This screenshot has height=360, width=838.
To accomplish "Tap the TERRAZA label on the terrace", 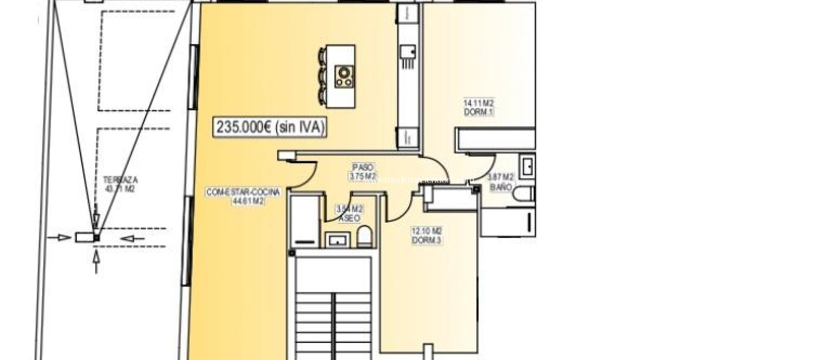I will (120, 180).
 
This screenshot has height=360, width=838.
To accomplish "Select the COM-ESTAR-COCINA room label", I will (243, 192).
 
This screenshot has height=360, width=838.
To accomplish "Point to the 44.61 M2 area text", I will (243, 201).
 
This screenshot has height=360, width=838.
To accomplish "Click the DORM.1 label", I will (478, 112).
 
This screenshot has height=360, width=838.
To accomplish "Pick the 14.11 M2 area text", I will (478, 103).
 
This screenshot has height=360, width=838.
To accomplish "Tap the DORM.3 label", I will (426, 240).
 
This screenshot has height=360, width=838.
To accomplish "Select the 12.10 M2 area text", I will (426, 231).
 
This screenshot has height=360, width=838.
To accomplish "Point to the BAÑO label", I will (501, 187).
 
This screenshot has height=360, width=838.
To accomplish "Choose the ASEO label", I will (349, 218).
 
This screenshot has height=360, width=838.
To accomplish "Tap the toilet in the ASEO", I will (364, 238).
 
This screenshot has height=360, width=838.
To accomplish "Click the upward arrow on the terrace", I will (97, 262).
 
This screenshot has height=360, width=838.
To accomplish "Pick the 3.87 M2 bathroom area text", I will (500, 178).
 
